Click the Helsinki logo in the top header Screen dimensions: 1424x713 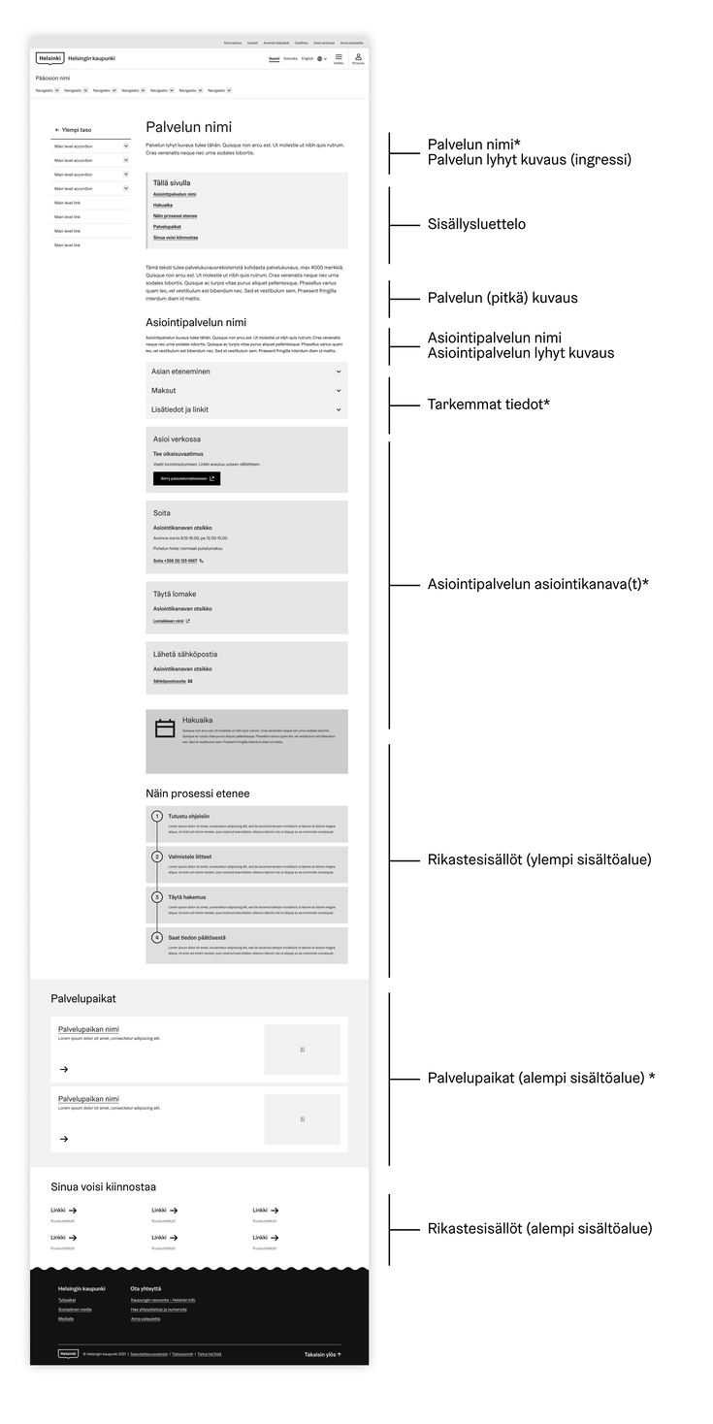tap(50, 58)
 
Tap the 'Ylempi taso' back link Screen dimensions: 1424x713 tap(75, 129)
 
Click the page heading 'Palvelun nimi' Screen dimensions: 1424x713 tap(188, 127)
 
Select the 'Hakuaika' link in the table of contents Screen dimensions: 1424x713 tap(163, 205)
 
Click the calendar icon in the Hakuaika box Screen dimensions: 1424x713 tap(165, 728)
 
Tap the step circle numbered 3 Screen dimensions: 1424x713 tap(157, 897)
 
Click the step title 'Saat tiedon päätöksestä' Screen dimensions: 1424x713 tap(197, 937)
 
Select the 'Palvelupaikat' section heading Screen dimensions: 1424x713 tap(83, 998)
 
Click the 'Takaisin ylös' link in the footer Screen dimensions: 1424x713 tap(323, 1354)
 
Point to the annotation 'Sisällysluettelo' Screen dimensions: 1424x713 tap(476, 224)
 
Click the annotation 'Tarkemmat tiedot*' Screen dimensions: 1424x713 tap(489, 405)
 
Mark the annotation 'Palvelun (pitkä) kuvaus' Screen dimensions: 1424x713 tap(502, 298)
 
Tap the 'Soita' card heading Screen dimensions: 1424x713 tap(162, 512)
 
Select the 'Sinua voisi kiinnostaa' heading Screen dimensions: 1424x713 tap(104, 1186)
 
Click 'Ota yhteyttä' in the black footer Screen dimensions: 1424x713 tap(146, 1288)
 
